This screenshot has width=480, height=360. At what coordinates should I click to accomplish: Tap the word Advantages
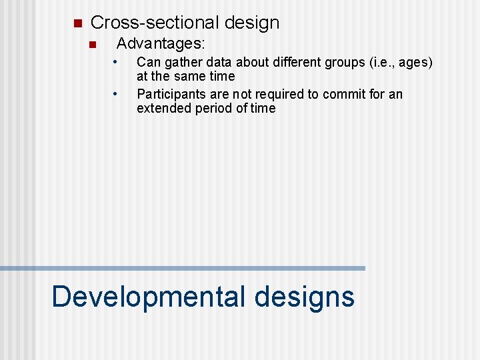click(161, 45)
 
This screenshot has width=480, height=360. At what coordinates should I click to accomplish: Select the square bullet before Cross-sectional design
click(76, 23)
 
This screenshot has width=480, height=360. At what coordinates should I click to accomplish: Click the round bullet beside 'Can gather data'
click(115, 62)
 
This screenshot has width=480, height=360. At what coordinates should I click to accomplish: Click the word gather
click(181, 63)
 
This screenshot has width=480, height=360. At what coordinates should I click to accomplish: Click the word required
click(281, 94)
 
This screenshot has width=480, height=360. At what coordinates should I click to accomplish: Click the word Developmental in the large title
click(148, 296)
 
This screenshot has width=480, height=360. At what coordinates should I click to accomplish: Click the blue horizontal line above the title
click(183, 268)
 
